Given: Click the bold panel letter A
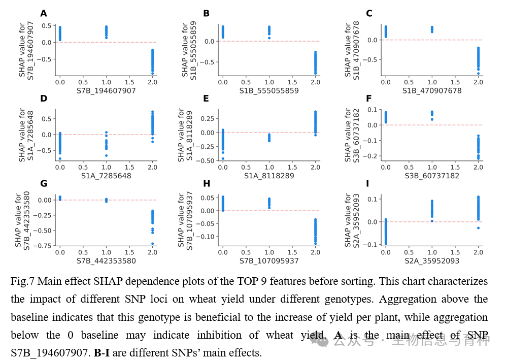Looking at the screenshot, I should (44, 13).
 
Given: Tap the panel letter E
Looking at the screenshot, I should (206, 98).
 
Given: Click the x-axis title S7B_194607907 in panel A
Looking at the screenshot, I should (106, 90).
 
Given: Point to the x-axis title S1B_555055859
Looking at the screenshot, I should (268, 90).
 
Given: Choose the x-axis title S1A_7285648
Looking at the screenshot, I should (106, 176).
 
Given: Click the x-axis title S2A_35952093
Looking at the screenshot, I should (432, 261).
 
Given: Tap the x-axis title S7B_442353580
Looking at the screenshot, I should (106, 261).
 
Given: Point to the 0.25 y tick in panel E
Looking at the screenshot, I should (207, 118).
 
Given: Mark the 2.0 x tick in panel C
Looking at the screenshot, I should (478, 82).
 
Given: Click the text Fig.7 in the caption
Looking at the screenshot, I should (22, 281).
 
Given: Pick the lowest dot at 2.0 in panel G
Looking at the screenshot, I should (152, 244).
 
